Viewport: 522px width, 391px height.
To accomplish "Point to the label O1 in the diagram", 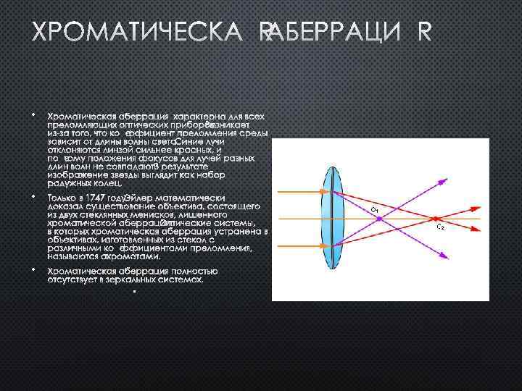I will (x=374, y=210).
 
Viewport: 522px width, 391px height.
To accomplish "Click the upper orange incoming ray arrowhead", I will (x=307, y=193).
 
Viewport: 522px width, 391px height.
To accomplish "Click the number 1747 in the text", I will (x=99, y=198).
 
